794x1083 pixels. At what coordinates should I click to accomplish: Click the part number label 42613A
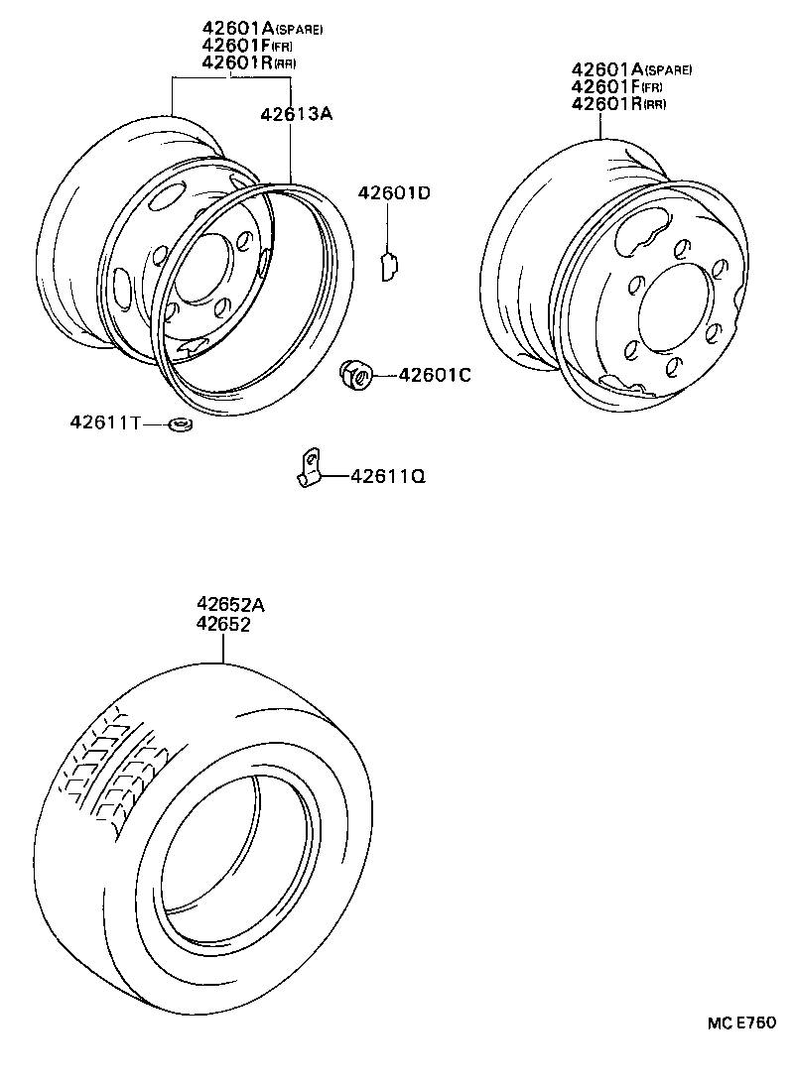pyautogui.click(x=296, y=114)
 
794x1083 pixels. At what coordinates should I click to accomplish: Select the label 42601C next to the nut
pyautogui.click(x=435, y=375)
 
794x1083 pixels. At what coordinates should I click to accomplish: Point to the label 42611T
pyautogui.click(x=104, y=422)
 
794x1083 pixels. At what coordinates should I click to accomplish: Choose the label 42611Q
pyautogui.click(x=387, y=477)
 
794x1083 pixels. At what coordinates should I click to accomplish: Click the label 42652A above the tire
pyautogui.click(x=230, y=605)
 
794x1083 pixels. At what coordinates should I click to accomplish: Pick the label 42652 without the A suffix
pyautogui.click(x=222, y=625)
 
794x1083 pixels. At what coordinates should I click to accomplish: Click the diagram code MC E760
pyautogui.click(x=740, y=1023)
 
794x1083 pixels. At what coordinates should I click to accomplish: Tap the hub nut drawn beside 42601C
pyautogui.click(x=356, y=374)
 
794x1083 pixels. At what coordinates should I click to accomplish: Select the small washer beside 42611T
pyautogui.click(x=181, y=425)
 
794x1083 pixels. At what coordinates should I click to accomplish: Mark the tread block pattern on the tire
pyautogui.click(x=109, y=769)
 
